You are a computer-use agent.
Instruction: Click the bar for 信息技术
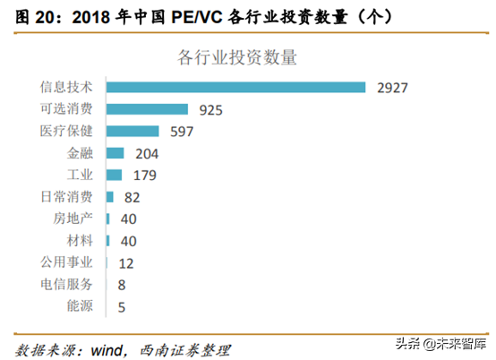click(235, 87)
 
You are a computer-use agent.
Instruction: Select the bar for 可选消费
click(147, 109)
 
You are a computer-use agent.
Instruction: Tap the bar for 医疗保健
click(133, 131)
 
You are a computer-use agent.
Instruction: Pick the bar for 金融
click(115, 153)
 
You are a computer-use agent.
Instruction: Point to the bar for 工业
click(115, 175)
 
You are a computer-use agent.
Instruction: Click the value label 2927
click(393, 88)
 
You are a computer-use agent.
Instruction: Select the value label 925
click(209, 110)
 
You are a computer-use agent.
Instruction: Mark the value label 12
click(125, 263)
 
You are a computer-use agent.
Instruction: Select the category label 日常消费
click(66, 197)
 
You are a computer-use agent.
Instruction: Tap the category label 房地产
click(72, 219)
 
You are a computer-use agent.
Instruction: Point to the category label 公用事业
click(66, 262)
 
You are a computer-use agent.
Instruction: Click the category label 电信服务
click(66, 285)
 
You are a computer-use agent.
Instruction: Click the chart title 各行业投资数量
click(237, 57)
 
